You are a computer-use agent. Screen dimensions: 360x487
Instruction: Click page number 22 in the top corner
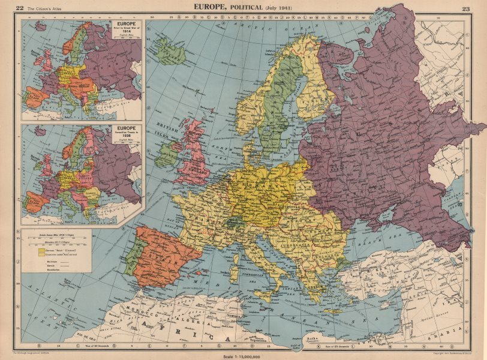click(20, 7)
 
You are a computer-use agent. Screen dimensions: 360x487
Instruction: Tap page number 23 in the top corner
click(467, 7)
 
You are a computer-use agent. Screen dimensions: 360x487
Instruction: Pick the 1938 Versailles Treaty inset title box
click(125, 134)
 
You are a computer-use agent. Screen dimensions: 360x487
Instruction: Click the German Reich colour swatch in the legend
click(33, 247)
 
